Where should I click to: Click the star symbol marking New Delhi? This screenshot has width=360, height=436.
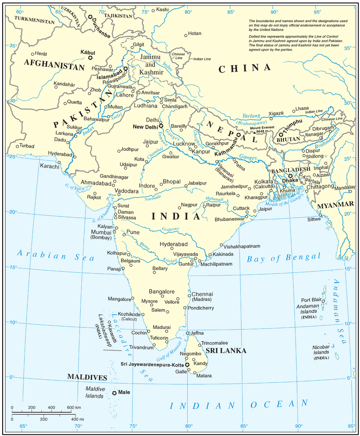tap(161, 126)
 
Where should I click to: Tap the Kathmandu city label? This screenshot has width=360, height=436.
tap(228, 153)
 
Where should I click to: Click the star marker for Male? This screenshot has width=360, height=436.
tap(114, 393)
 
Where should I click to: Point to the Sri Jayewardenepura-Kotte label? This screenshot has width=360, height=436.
tap(152, 364)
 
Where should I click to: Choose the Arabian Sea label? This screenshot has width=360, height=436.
tap(56, 255)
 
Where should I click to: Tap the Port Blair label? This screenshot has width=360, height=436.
tap(311, 300)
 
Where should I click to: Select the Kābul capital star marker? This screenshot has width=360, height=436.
tap(90, 58)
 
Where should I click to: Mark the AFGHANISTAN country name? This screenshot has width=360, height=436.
tap(54, 67)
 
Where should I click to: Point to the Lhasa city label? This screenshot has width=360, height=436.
tap(302, 108)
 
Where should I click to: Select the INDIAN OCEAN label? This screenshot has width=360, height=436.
tap(239, 405)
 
